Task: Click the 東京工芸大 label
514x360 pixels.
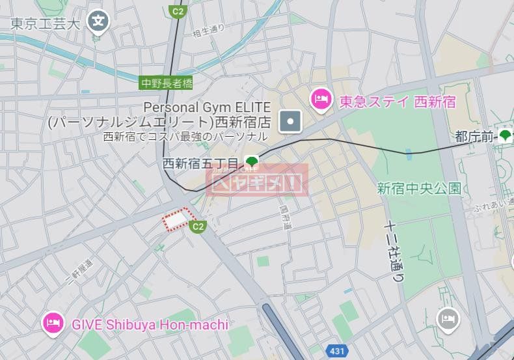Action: (x=46, y=24)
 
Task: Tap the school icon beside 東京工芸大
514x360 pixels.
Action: (x=98, y=21)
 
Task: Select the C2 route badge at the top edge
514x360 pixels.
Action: (x=176, y=11)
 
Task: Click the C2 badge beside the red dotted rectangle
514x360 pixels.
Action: (x=198, y=227)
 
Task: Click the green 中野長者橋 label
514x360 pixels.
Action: (x=167, y=83)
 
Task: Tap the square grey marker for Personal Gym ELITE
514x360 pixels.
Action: (x=290, y=120)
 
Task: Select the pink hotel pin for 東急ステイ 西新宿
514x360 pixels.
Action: (x=320, y=100)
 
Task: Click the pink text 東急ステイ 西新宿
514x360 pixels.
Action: (x=398, y=102)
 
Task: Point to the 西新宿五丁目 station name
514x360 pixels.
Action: (x=202, y=163)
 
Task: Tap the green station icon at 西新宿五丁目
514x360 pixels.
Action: (x=252, y=161)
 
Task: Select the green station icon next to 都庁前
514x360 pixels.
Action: (x=505, y=136)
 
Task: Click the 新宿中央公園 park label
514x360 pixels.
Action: (x=419, y=189)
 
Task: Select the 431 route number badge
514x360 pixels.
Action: (x=337, y=351)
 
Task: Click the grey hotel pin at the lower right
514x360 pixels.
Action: (x=448, y=319)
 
